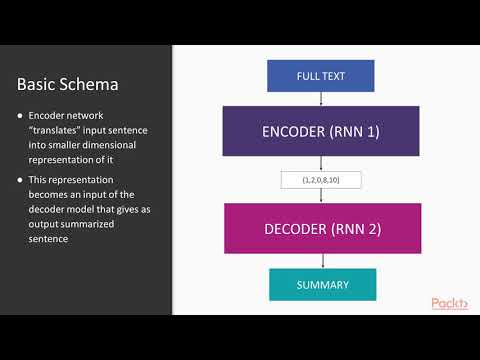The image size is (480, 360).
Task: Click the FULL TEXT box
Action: (x=320, y=76)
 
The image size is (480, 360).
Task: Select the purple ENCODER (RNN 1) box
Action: (x=319, y=131)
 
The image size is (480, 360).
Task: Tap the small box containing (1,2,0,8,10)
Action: (x=320, y=181)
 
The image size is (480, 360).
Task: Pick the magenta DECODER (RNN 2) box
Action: (x=319, y=230)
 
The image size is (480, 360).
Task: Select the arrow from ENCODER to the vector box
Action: (x=320, y=163)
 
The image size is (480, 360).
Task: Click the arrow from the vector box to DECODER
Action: (x=320, y=196)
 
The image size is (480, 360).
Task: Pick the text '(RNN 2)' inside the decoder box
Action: (x=362, y=230)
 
